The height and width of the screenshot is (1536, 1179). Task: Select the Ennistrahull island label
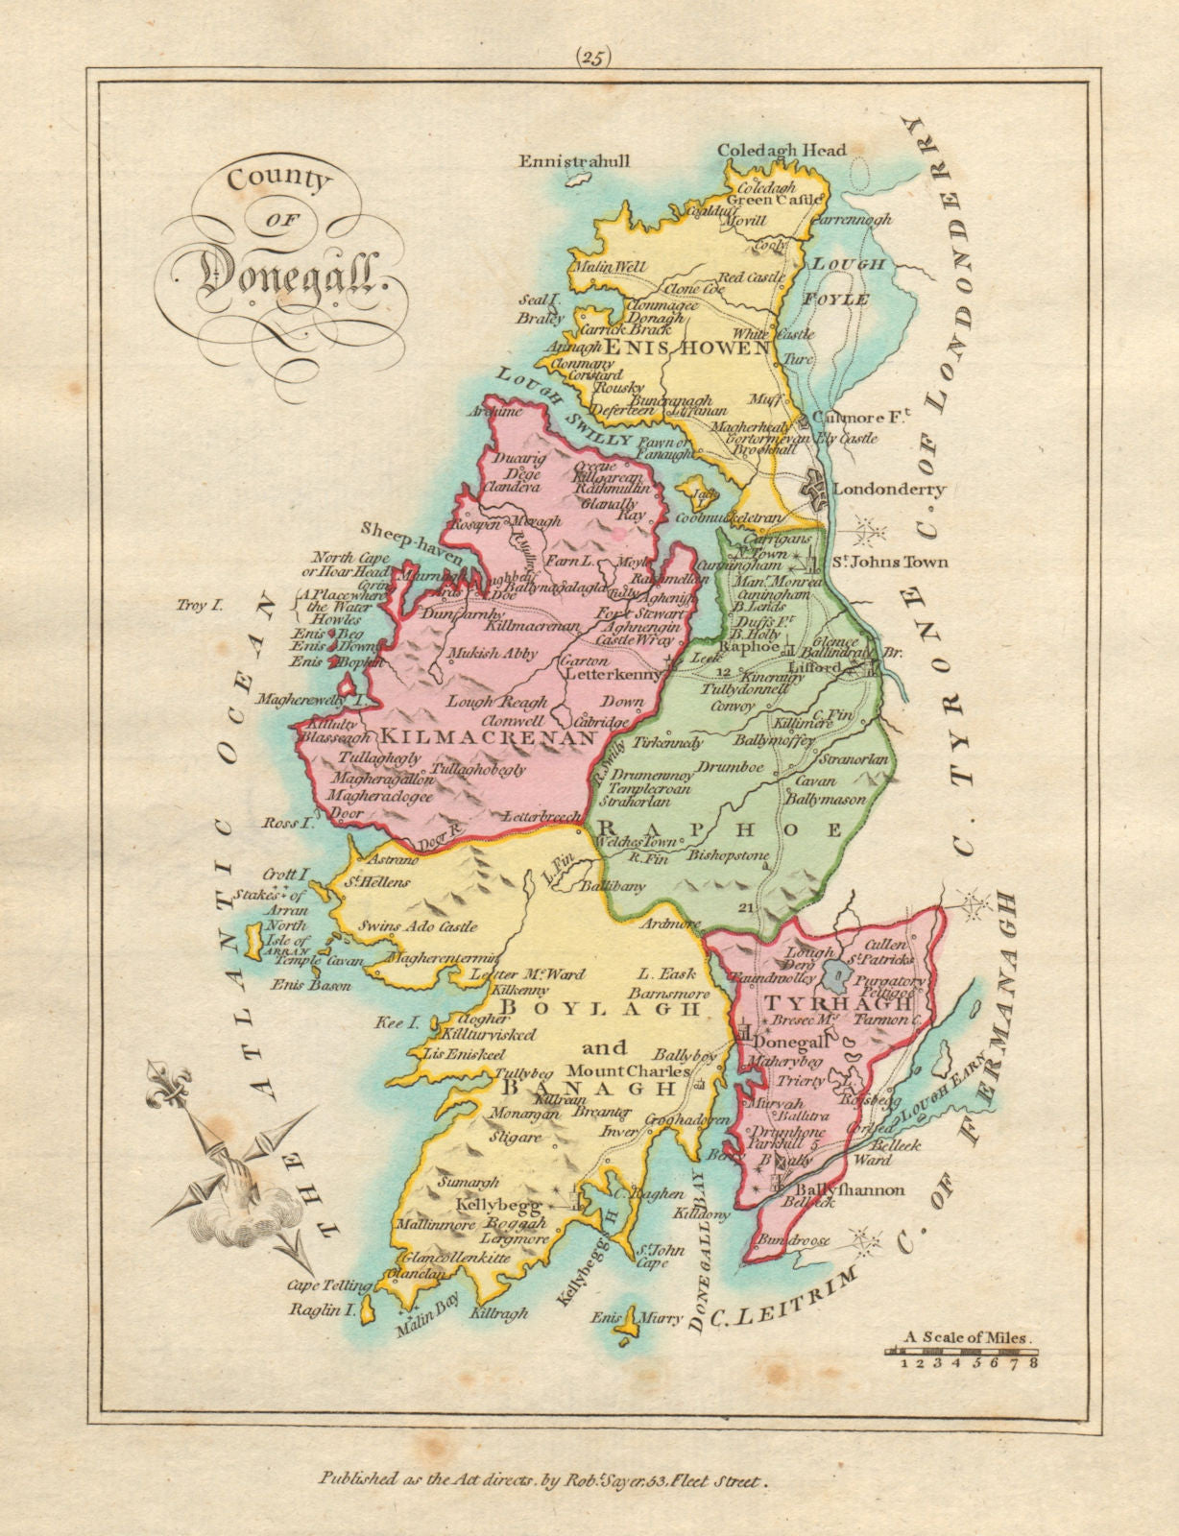pyautogui.click(x=574, y=160)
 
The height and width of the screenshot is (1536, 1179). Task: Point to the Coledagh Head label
pyautogui.click(x=782, y=149)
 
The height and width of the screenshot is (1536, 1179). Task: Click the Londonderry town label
pyautogui.click(x=888, y=489)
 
